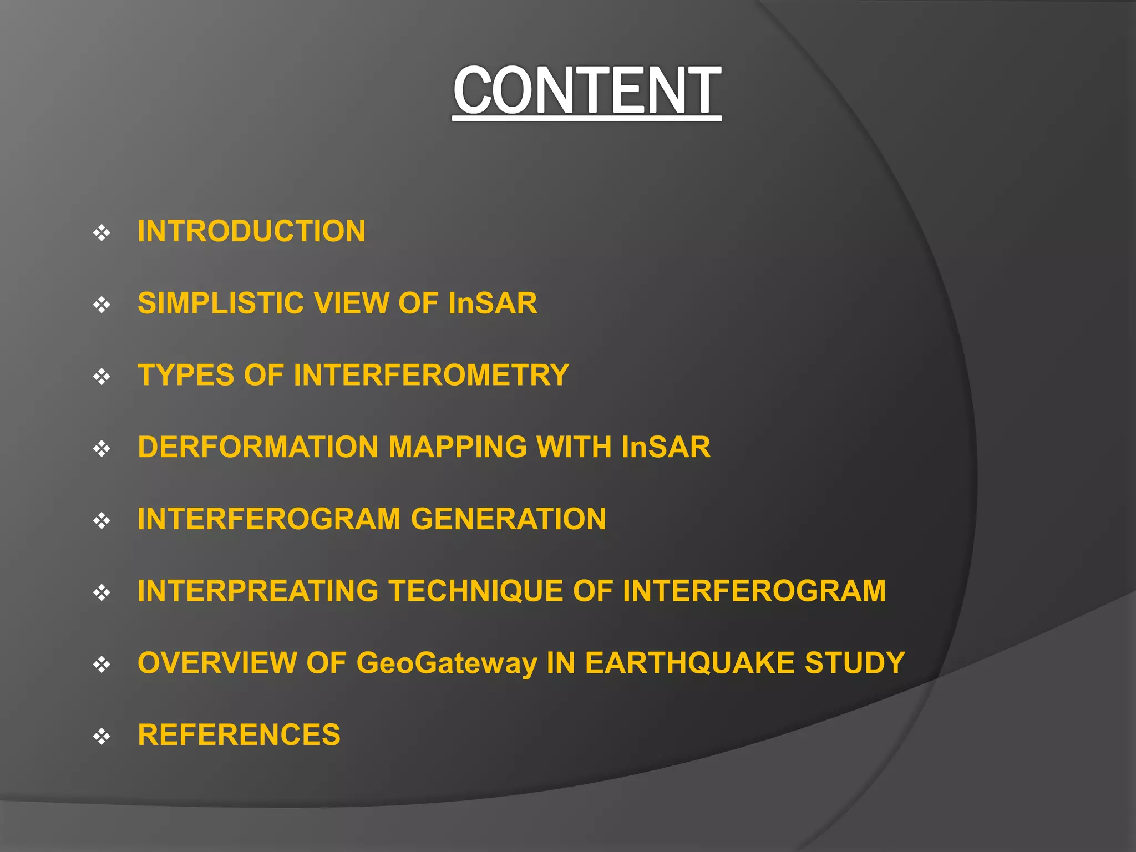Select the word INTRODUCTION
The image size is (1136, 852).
pyautogui.click(x=251, y=231)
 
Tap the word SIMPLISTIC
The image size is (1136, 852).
pyautogui.click(x=220, y=303)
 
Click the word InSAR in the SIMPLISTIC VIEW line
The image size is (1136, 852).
pyautogui.click(x=493, y=303)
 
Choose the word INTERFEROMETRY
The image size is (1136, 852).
pyautogui.click(x=432, y=375)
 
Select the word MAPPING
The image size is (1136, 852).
pyautogui.click(x=457, y=447)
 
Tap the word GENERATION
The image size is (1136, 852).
pyautogui.click(x=508, y=519)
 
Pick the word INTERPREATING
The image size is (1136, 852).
pyautogui.click(x=258, y=591)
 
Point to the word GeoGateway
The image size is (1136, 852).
pyautogui.click(x=447, y=663)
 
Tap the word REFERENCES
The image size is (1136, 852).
pyautogui.click(x=239, y=735)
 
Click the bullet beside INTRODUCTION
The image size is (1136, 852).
pyautogui.click(x=102, y=233)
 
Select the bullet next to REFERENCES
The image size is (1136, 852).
pyautogui.click(x=102, y=737)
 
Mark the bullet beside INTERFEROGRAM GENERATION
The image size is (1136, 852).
pyautogui.click(x=102, y=521)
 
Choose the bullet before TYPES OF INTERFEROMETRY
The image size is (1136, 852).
pyautogui.click(x=102, y=377)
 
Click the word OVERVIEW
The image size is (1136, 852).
pyautogui.click(x=217, y=663)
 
